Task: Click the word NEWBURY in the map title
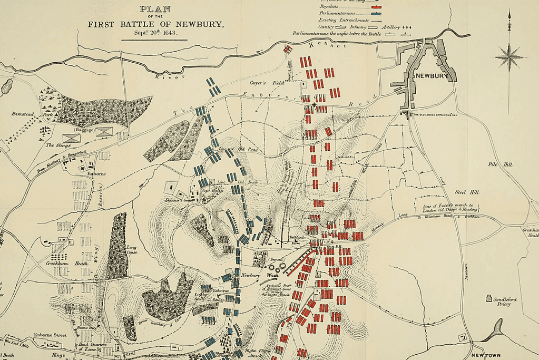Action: (x=198, y=24)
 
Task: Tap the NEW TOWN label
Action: (x=485, y=356)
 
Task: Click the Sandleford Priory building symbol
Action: (x=488, y=298)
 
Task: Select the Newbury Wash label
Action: (x=256, y=275)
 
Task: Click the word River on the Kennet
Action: (x=164, y=77)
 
